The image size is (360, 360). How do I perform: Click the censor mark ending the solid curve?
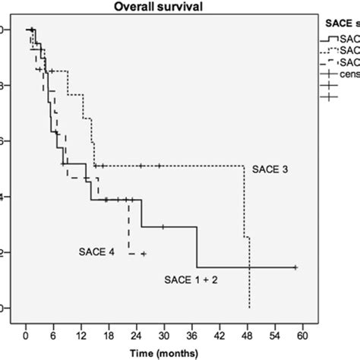pyautogui.click(x=295, y=267)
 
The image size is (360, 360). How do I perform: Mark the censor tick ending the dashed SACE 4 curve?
pyautogui.click(x=143, y=254)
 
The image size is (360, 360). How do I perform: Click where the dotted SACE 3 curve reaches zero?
pyautogui.click(x=249, y=308)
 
